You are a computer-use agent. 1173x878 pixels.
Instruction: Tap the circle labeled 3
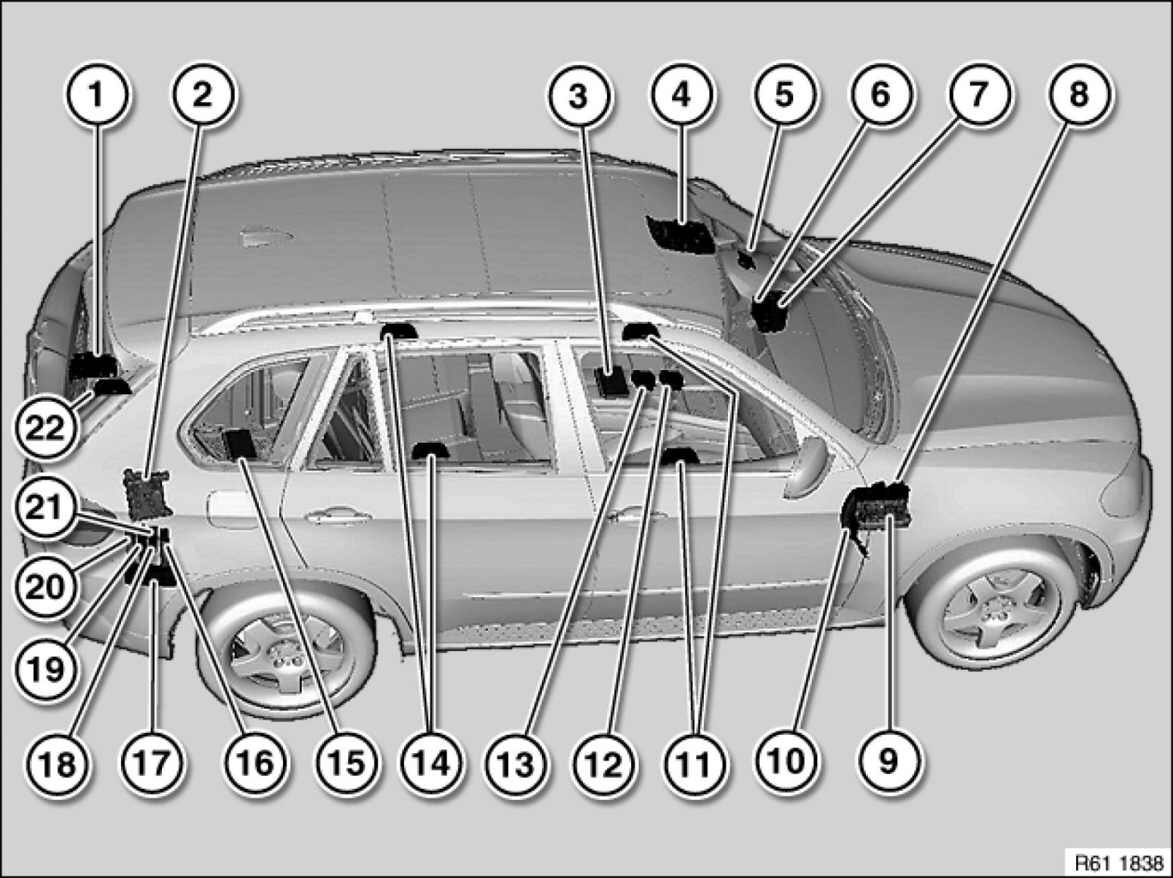pos(577,97)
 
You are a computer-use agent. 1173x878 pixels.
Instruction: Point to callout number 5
pos(784,95)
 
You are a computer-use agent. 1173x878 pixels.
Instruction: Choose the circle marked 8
pos(1078,95)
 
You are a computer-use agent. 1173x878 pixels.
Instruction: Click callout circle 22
pos(45,428)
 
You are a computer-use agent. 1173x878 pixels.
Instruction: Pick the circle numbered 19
pos(45,668)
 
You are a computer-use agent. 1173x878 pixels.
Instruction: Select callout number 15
pos(347,763)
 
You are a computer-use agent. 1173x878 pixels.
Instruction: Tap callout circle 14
pos(431,763)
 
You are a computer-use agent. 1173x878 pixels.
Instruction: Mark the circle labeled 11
pos(694,763)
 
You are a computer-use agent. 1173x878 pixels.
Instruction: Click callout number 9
pos(888,761)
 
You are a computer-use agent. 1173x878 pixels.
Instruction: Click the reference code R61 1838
pos(1119,863)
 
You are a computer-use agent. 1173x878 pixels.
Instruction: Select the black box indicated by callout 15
pos(239,444)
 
